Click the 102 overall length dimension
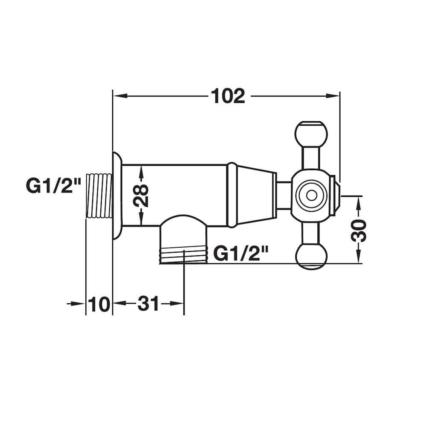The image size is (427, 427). point(228,96)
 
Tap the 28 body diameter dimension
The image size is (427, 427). point(141,196)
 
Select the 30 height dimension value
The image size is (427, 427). point(358,230)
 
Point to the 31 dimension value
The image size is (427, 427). point(148,304)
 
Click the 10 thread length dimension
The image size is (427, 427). point(99,304)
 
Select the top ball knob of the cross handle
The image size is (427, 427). point(311,134)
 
